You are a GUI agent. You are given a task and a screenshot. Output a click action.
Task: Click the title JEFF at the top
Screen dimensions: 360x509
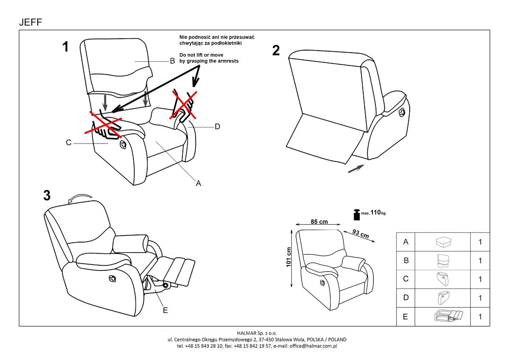pyautogui.click(x=31, y=22)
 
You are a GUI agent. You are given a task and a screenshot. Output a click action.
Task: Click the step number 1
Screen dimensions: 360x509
pyautogui.click(x=65, y=47)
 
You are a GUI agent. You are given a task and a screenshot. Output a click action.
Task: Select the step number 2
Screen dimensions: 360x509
pyautogui.click(x=276, y=51)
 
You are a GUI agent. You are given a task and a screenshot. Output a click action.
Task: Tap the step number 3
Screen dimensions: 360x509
pyautogui.click(x=47, y=196)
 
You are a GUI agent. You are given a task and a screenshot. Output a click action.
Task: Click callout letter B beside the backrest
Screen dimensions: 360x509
pyautogui.click(x=172, y=61)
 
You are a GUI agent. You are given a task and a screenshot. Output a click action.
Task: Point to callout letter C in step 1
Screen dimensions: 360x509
pyautogui.click(x=68, y=143)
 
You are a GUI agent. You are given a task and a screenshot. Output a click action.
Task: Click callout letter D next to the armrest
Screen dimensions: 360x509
pyautogui.click(x=217, y=126)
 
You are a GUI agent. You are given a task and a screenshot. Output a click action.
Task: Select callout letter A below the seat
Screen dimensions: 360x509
pyautogui.click(x=198, y=183)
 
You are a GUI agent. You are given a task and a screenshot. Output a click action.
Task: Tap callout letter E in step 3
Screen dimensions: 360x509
pyautogui.click(x=165, y=310)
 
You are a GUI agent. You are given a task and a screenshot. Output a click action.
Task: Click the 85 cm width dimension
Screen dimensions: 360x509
pyautogui.click(x=319, y=222)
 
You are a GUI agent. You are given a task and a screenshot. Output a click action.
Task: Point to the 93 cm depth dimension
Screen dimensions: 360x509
pyautogui.click(x=361, y=234)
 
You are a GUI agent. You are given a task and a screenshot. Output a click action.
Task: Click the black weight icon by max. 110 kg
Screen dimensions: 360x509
pyautogui.click(x=357, y=215)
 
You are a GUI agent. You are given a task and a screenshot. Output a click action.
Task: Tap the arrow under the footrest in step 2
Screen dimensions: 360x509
pyautogui.click(x=355, y=169)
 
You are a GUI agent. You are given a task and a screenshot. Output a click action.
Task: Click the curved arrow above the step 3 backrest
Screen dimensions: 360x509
pyautogui.click(x=81, y=198)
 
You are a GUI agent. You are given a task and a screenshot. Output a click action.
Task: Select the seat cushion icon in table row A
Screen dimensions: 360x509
pyautogui.click(x=443, y=242)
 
